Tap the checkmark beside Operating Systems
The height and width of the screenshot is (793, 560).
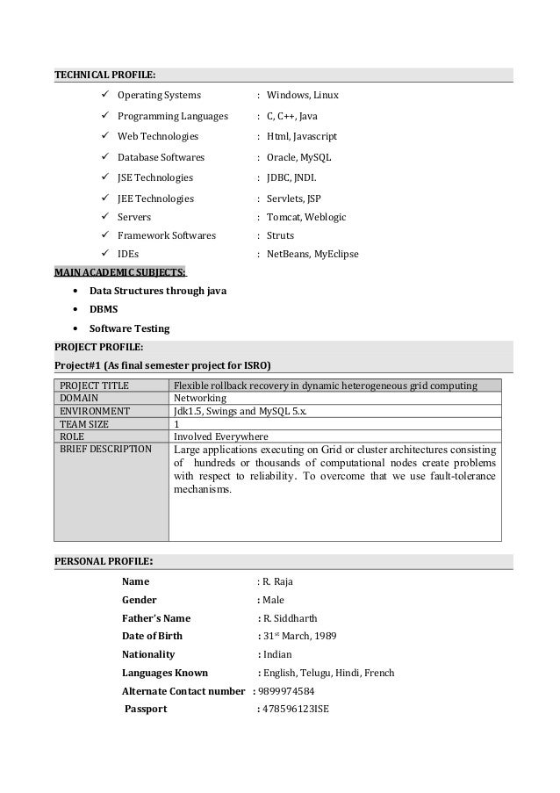(105, 94)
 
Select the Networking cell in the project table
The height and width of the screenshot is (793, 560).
(200, 398)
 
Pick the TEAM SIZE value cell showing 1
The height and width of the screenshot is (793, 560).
(177, 422)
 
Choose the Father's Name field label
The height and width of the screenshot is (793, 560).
(155, 618)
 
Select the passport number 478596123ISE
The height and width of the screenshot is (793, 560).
(296, 710)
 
